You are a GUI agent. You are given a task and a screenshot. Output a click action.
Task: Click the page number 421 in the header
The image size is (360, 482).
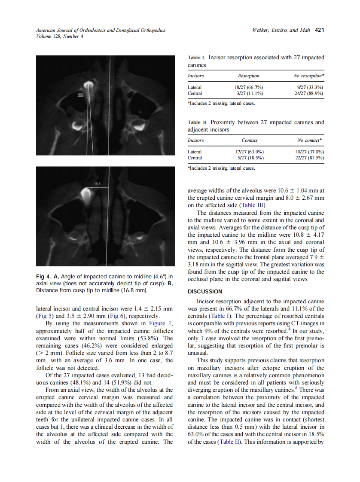pos(319,31)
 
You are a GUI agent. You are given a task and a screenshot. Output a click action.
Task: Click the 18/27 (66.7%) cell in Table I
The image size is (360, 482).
pos(249,87)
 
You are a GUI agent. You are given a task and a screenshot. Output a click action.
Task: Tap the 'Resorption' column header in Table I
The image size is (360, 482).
pos(249,76)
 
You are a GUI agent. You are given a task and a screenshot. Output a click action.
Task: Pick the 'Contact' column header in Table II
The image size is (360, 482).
pos(250,140)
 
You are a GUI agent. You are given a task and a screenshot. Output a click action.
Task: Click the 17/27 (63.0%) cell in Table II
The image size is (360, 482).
pos(249,152)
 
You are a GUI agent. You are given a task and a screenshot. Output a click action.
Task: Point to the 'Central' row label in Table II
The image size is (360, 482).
pos(195,158)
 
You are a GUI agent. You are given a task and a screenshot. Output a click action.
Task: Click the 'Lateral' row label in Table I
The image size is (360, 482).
pos(195,87)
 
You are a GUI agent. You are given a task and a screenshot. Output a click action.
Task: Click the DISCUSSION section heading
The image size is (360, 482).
pos(205,292)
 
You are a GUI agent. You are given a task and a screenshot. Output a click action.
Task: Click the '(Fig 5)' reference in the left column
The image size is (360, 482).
pos(44,316)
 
